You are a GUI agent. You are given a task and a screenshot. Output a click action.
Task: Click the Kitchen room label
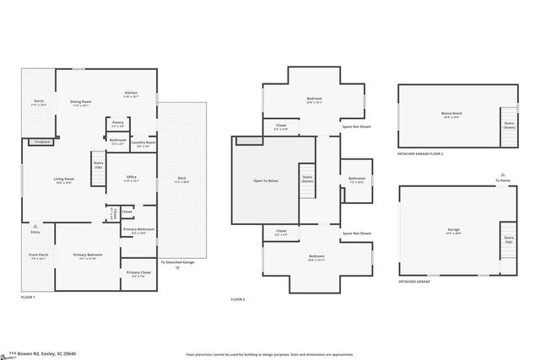pos(131,94)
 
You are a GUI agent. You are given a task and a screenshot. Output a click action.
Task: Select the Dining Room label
pos(81,103)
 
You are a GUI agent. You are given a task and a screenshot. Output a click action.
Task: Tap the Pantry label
pos(117,123)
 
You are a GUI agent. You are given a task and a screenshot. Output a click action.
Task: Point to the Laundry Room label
pos(143,143)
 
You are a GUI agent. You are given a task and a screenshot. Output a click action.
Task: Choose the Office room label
pos(131,177)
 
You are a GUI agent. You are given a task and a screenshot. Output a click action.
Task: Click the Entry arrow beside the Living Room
pos(35,226)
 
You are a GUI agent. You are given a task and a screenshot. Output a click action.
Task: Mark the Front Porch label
pos(39,255)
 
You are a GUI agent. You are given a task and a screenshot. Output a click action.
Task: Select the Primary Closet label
pos(139,273)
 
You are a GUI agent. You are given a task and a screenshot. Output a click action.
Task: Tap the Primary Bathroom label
pos(138,230)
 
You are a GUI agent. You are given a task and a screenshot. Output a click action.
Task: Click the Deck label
pos(181,178)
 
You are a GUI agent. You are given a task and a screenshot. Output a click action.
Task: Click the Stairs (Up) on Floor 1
pos(98,164)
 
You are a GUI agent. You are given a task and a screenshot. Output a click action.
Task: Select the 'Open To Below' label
pos(266,180)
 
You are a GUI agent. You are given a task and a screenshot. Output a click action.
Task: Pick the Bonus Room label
pos(451,114)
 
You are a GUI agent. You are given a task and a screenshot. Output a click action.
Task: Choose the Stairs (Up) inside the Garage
pos(509,240)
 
